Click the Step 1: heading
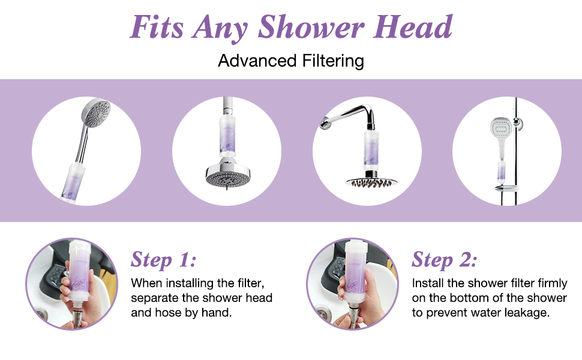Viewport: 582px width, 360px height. [x=163, y=260]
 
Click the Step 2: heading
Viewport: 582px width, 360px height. [x=445, y=260]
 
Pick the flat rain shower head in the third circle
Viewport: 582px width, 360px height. [x=367, y=181]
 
